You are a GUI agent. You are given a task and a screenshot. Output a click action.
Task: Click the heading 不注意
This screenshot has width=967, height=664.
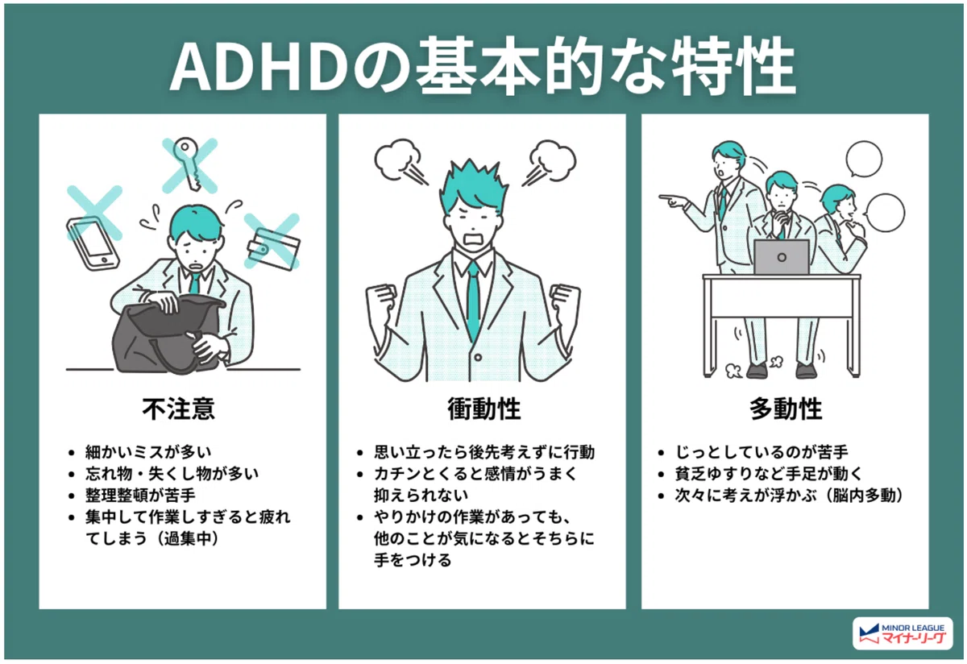tap(178, 409)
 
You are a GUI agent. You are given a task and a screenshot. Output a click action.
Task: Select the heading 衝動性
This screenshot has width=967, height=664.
tap(484, 409)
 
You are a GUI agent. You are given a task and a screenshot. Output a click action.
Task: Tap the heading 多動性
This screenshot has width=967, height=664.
tap(786, 409)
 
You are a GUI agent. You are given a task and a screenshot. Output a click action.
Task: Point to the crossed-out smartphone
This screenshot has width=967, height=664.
tap(93, 243)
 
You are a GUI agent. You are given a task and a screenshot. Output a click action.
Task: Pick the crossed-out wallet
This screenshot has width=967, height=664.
tap(273, 249)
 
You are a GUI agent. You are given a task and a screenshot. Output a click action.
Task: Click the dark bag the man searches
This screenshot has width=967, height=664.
tap(169, 334)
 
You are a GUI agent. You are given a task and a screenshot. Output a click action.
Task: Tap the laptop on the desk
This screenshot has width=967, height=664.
tap(782, 257)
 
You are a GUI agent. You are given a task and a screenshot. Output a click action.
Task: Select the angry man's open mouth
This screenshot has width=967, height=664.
tap(474, 239)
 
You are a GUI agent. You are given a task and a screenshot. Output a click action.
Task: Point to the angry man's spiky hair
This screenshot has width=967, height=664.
tap(474, 185)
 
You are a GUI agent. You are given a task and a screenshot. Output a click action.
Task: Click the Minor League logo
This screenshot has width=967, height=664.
tap(903, 633)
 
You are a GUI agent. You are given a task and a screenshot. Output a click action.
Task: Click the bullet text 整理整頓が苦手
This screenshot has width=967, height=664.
tap(140, 495)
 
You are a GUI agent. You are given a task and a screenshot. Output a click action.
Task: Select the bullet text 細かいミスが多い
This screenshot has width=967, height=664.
tap(148, 452)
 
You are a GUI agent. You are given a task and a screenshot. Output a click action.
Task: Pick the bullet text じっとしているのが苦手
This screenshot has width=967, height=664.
tap(762, 452)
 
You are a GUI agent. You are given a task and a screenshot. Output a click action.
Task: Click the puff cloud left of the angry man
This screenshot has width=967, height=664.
tap(397, 159)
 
